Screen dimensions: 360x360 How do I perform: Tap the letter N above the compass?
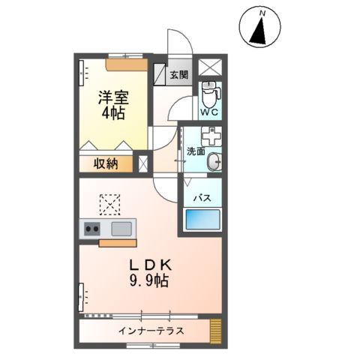[262, 13]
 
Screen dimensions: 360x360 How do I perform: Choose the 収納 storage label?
[106, 163]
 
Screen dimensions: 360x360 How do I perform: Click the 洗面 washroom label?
[196, 151]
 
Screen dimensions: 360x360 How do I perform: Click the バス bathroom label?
[202, 199]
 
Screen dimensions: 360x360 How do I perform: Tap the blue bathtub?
[202, 223]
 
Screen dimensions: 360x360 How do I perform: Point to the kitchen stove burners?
[93, 229]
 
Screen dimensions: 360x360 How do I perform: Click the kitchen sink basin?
[121, 229]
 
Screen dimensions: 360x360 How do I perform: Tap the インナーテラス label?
[151, 331]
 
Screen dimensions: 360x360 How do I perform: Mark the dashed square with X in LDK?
[110, 203]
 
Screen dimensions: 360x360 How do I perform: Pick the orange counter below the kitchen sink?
[116, 242]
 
